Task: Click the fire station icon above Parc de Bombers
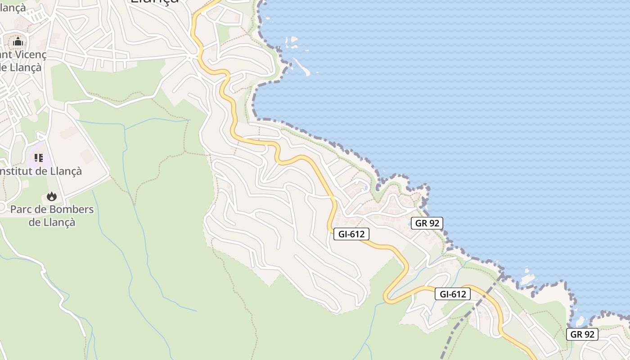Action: tap(52, 197)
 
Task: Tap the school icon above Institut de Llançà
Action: tap(39, 158)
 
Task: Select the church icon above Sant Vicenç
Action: tap(18, 42)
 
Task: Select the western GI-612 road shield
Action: tap(351, 234)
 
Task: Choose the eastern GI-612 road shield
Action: tap(452, 294)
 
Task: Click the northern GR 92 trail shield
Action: tap(427, 223)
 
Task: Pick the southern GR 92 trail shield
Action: tap(582, 334)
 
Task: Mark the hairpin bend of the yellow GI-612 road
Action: tap(387, 297)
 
